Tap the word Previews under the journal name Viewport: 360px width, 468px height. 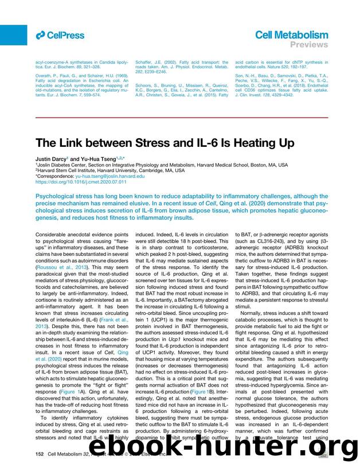(x=310, y=45)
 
